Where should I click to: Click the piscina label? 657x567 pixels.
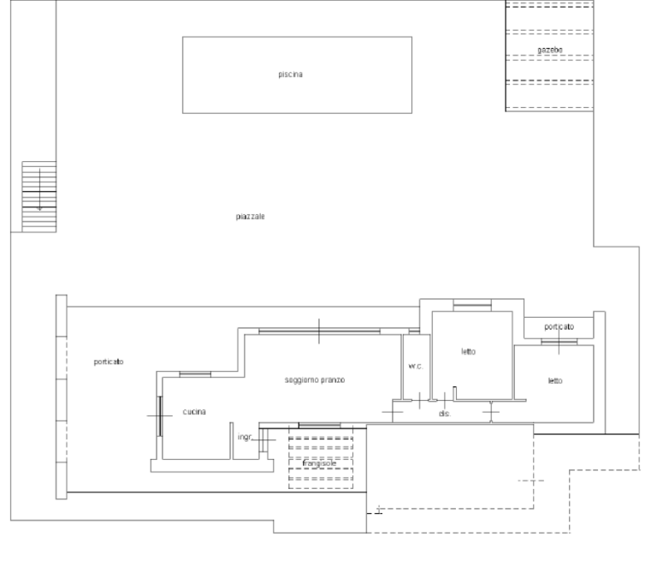(290, 75)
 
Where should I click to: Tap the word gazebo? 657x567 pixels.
(550, 50)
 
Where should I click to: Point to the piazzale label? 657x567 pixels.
(250, 217)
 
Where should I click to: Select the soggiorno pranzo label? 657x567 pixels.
(315, 380)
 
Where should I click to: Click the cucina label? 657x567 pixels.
(194, 412)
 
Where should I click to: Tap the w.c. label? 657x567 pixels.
(416, 366)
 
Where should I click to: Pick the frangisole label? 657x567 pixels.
(319, 463)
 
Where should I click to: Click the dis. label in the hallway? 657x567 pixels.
(445, 414)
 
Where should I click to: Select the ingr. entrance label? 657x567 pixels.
(246, 437)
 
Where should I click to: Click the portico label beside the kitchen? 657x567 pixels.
(109, 361)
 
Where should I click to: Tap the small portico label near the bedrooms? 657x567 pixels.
(559, 326)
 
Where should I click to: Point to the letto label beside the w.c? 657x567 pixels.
(469, 351)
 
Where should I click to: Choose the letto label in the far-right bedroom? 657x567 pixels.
(555, 381)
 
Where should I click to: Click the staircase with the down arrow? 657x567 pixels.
(39, 196)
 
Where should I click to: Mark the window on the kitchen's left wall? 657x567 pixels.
(160, 416)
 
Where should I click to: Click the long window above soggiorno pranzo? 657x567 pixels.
(319, 331)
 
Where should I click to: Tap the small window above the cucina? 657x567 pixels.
(195, 374)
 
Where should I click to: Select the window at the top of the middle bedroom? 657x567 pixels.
(472, 305)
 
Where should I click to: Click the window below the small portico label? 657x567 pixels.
(559, 343)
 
